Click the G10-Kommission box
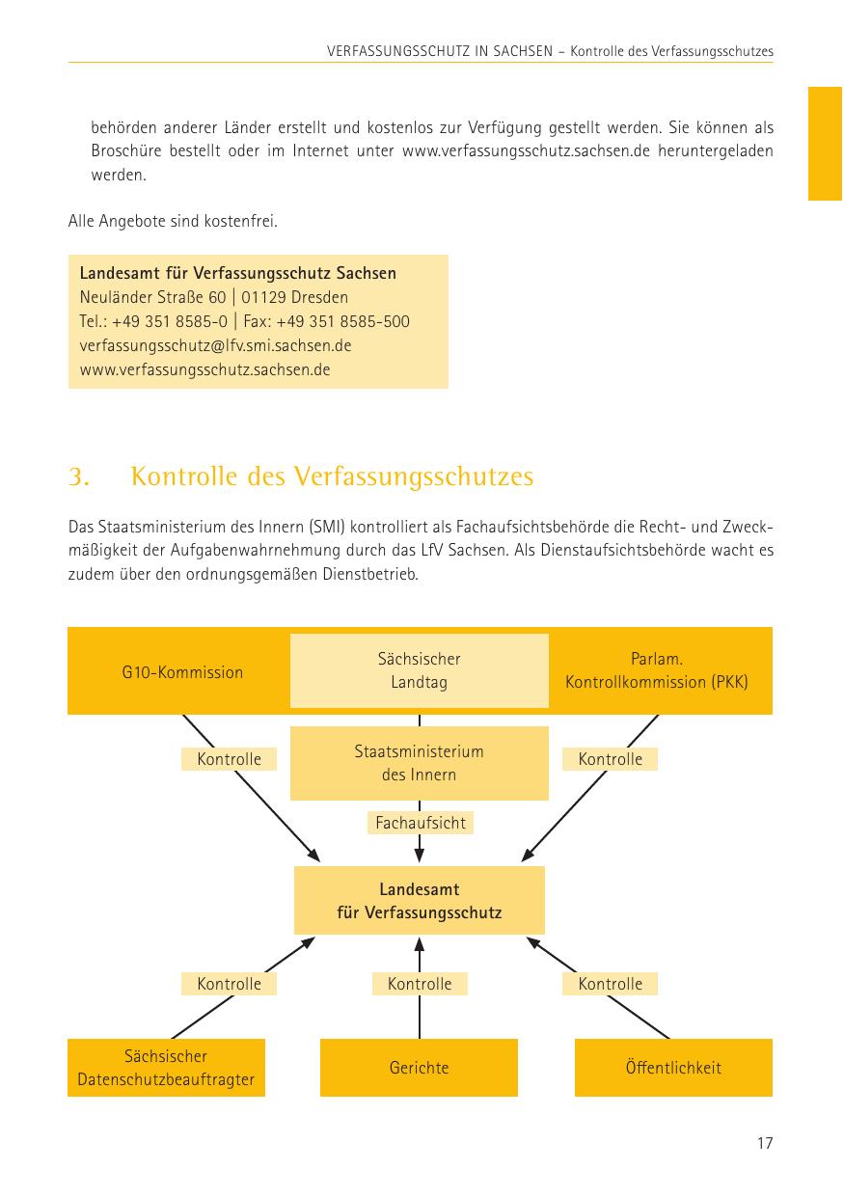point(182,672)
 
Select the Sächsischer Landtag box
point(419,670)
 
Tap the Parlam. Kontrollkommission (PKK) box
point(657,670)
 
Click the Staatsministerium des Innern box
point(419,763)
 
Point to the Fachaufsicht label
point(420,823)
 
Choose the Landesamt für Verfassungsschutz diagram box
point(419,900)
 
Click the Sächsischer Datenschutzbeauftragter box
point(166,1068)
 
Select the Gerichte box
point(419,1068)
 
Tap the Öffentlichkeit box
point(673,1068)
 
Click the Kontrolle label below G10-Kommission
point(229,759)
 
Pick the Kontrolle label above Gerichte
point(420,984)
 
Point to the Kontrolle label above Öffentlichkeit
point(610,984)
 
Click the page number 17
point(764,1144)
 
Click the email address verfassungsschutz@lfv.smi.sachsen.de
point(215,345)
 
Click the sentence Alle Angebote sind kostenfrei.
point(173,222)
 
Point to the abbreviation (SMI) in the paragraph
point(329,528)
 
